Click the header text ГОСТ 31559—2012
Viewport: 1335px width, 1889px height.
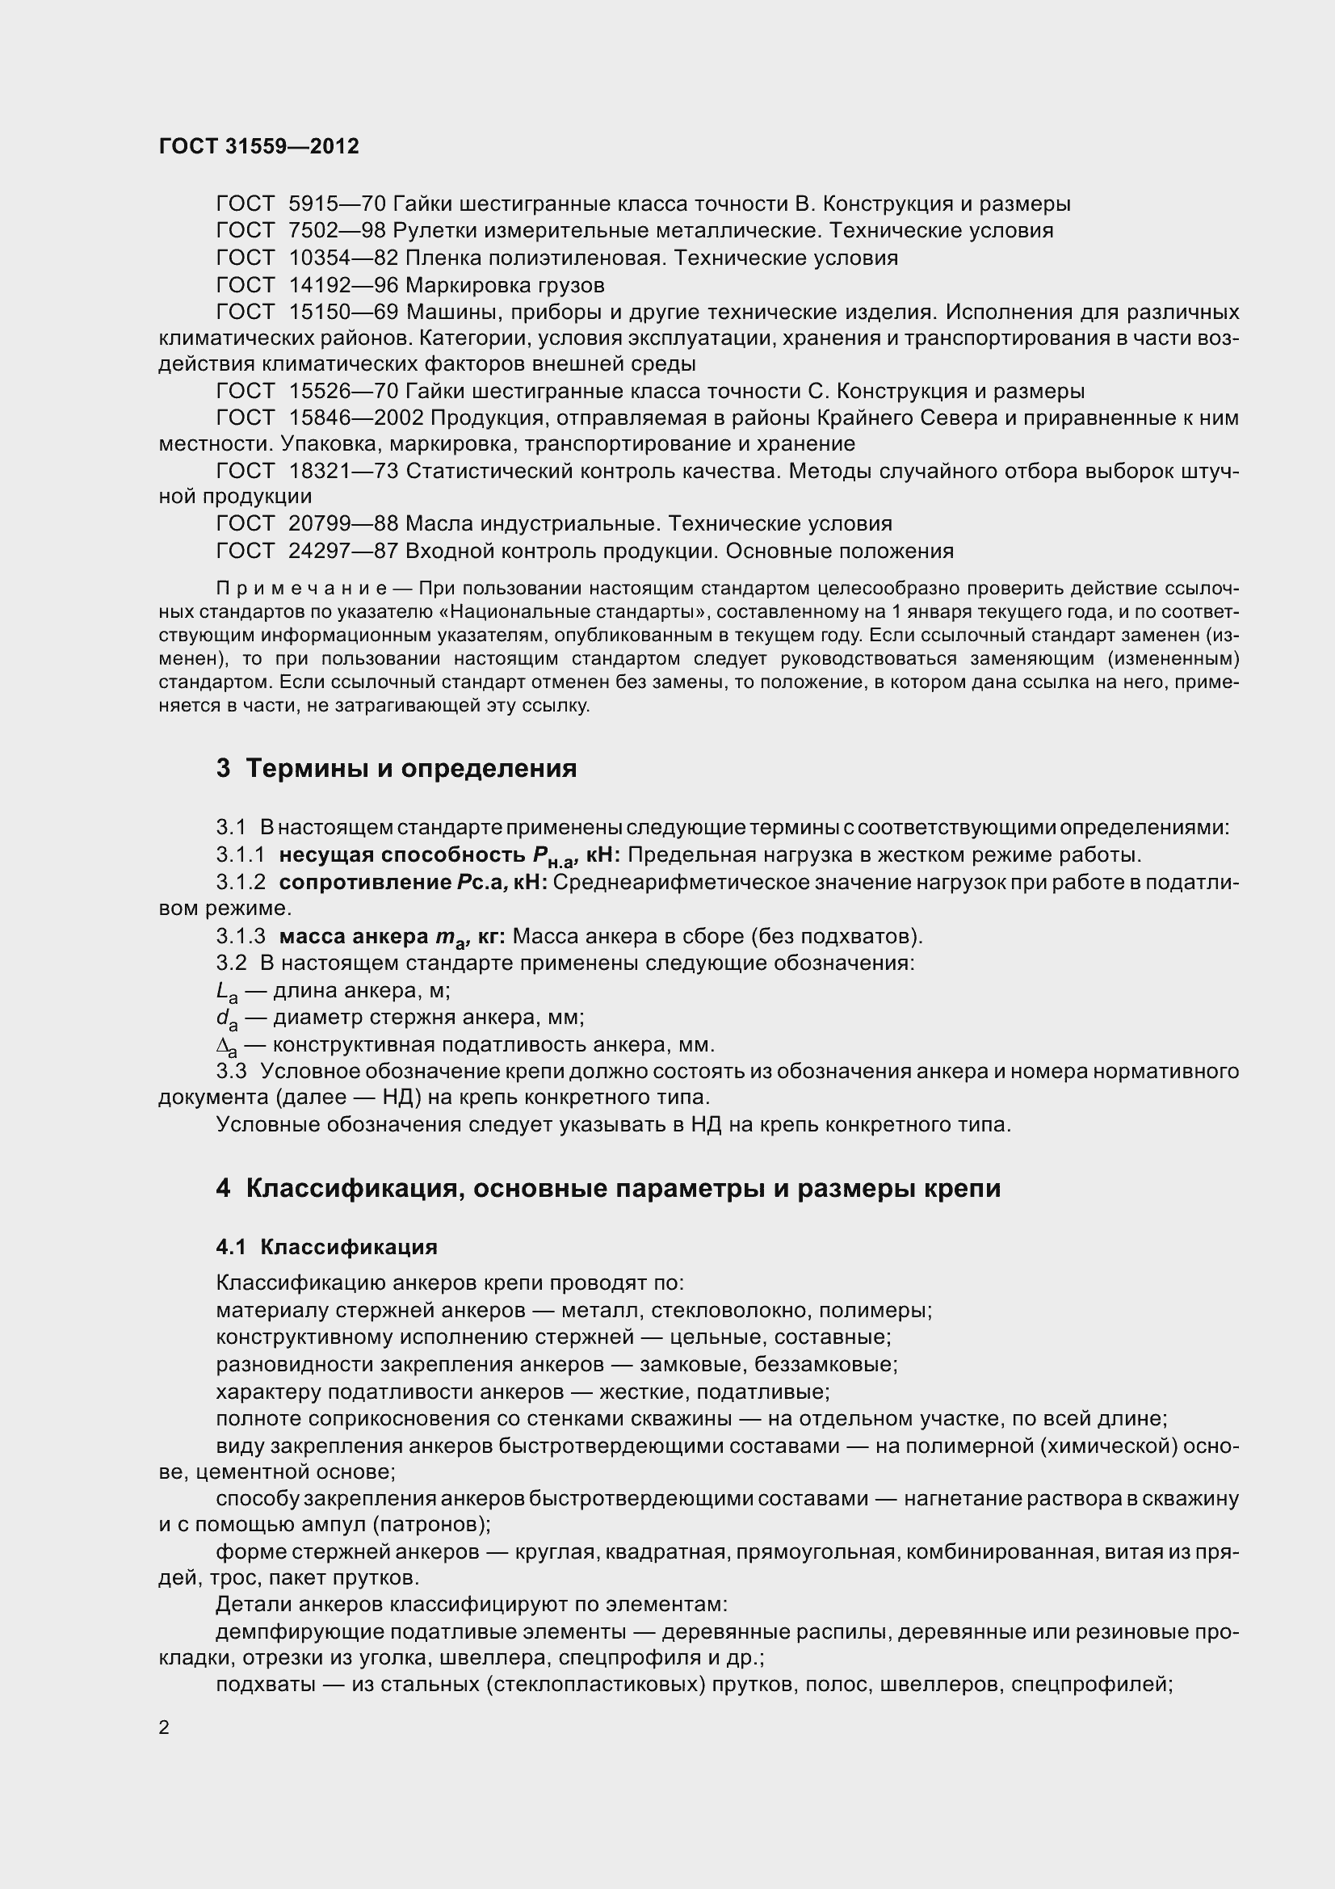[x=258, y=146]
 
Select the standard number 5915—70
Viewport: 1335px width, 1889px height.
[x=338, y=204]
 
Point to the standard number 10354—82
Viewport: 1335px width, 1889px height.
[x=343, y=258]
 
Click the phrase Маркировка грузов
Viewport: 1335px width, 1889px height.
[x=505, y=285]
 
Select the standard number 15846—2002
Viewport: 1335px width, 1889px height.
[x=355, y=418]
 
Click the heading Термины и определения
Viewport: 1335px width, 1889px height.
[x=411, y=768]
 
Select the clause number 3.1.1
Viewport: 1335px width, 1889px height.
[x=240, y=855]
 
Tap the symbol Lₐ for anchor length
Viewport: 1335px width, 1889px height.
[x=225, y=993]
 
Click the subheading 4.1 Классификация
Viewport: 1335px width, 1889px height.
[x=326, y=1246]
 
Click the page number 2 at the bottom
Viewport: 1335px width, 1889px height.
[x=164, y=1727]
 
